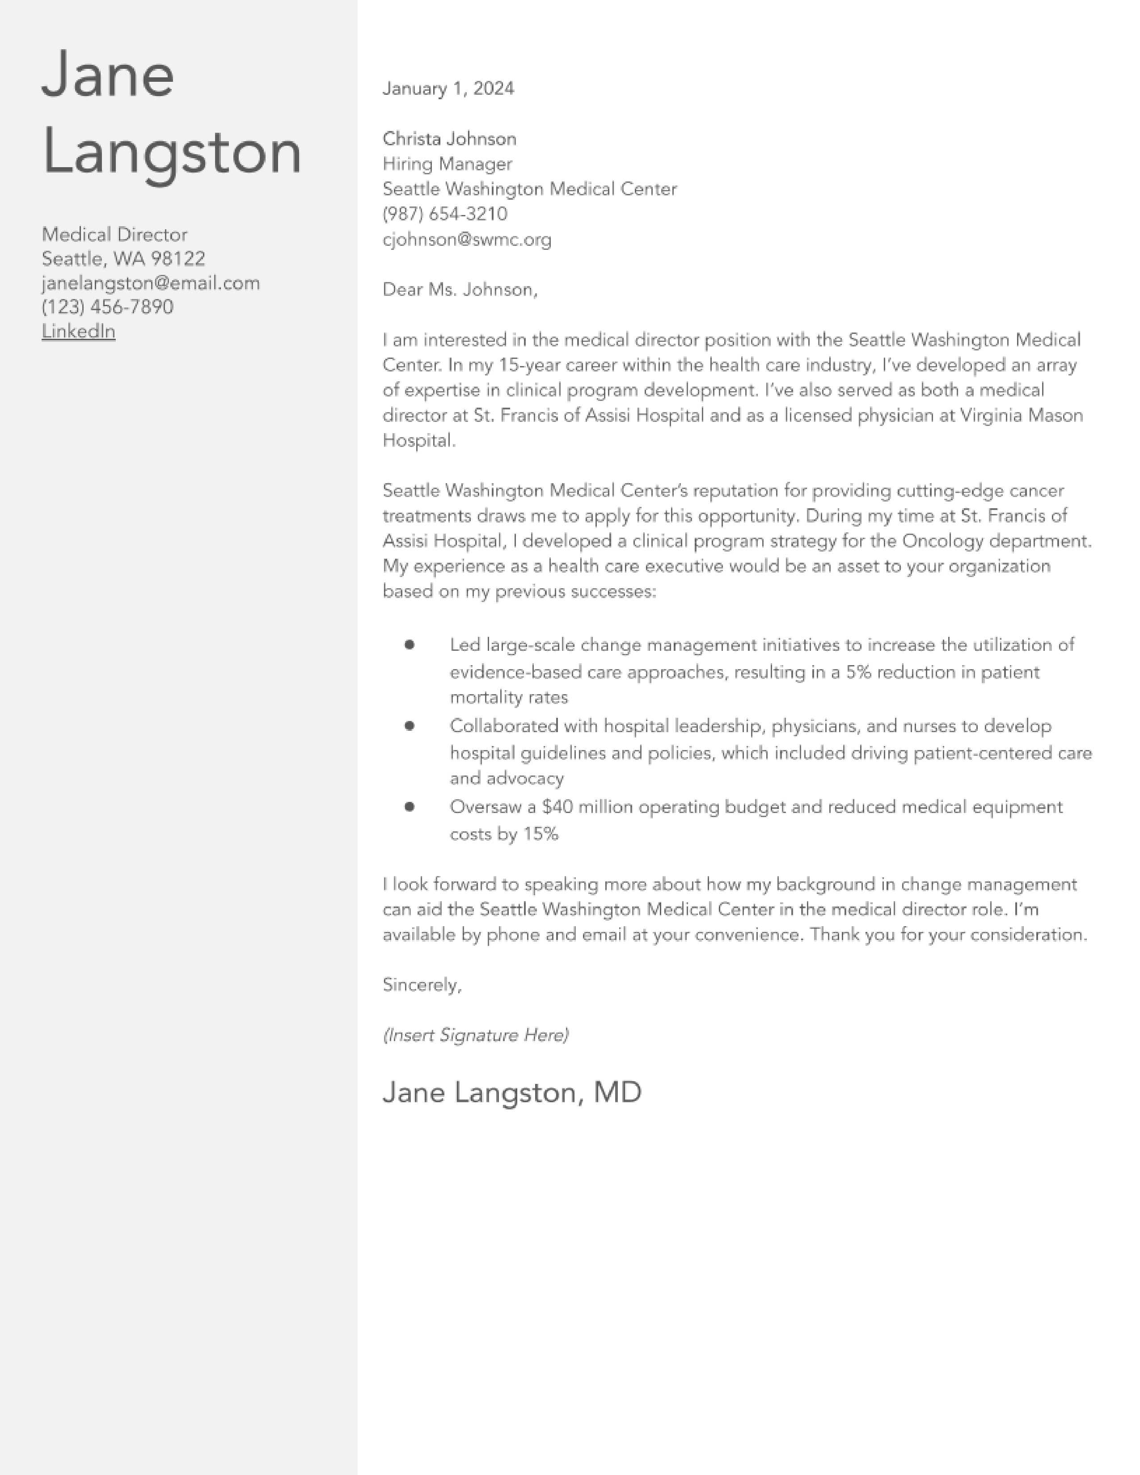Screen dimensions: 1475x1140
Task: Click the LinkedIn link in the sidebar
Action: pos(78,331)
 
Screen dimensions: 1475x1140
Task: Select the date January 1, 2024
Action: pos(448,88)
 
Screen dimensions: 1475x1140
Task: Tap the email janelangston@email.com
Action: pos(151,283)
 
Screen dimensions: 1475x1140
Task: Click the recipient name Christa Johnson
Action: pos(449,139)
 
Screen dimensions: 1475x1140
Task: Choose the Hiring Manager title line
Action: pos(447,164)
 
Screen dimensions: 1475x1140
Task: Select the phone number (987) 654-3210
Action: pos(444,214)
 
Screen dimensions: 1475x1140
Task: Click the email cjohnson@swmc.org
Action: pos(467,240)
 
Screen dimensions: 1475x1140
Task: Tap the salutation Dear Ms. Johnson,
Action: pos(460,290)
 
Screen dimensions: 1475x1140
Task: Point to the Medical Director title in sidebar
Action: pos(114,234)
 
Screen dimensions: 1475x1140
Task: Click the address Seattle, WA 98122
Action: pos(123,259)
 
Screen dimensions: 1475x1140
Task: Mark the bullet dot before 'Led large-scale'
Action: pos(409,645)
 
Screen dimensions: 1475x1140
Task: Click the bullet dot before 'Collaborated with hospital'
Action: pos(409,726)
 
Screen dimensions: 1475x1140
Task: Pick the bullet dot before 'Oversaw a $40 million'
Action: pos(409,806)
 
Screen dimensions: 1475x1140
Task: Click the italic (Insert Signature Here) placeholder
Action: pos(476,1035)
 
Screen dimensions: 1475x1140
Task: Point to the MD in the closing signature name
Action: pos(617,1093)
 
